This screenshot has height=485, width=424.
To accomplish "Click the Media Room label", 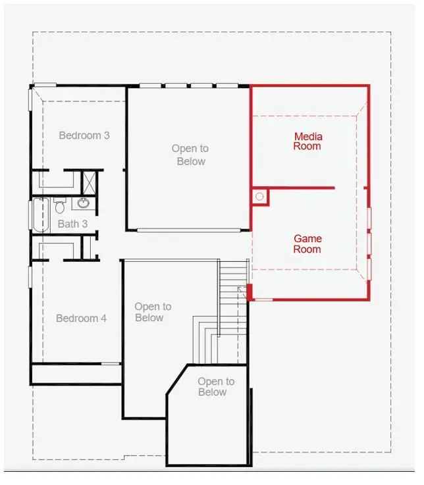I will point(307,141).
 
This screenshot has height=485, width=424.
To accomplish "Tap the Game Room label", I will point(307,244).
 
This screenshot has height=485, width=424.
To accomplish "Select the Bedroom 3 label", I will point(84,136).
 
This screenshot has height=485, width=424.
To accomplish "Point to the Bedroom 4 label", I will point(81,319).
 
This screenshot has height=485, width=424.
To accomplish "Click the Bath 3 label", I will point(72,224).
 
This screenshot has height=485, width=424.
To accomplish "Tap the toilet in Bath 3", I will point(59,207).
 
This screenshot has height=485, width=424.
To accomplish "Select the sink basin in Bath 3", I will point(84,203).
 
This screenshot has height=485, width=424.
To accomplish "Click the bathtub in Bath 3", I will point(41,215).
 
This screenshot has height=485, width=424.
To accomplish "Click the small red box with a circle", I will point(259,196).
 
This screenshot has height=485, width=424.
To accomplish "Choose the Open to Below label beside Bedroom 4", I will point(153,312).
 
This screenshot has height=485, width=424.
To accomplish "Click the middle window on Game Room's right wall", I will point(369,243).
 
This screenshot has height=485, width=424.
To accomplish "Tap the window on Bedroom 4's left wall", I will point(30,276).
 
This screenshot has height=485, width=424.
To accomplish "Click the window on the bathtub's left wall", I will point(30,215).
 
